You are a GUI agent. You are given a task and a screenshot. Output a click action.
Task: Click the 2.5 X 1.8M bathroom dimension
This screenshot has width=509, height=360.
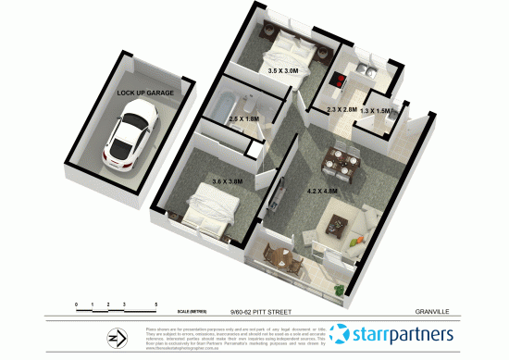coord(243,119)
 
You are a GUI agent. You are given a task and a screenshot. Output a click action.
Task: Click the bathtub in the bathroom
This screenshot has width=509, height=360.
coord(222,109)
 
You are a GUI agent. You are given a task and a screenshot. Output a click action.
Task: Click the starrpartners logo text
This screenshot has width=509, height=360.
coord(405,333)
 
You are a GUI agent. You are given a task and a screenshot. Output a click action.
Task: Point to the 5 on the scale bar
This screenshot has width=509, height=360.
coord(156,304)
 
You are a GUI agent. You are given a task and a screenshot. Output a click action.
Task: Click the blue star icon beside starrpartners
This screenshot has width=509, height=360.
coord(341,333)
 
